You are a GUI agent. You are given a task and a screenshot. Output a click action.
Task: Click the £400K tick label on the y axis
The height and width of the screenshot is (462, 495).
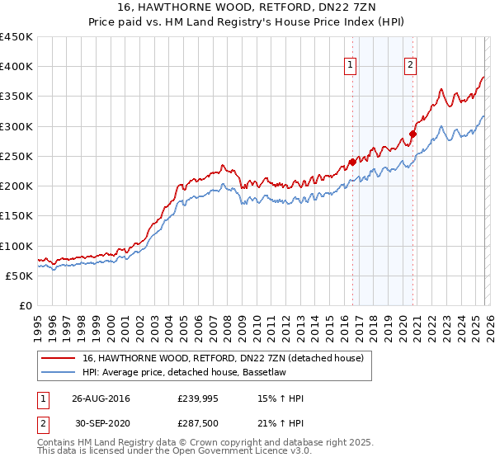16,67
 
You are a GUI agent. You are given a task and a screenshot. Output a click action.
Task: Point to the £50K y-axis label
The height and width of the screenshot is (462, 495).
20,276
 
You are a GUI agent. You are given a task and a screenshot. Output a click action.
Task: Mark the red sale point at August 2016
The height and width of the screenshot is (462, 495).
352,162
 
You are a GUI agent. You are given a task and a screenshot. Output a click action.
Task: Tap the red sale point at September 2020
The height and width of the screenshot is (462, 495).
413,134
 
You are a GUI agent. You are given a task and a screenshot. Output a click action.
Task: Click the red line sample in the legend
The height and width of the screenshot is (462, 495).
59,357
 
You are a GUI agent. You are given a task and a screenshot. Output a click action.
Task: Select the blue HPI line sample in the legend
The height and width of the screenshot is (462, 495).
59,372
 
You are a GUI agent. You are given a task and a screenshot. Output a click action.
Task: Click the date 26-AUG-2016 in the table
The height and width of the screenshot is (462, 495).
101,399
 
